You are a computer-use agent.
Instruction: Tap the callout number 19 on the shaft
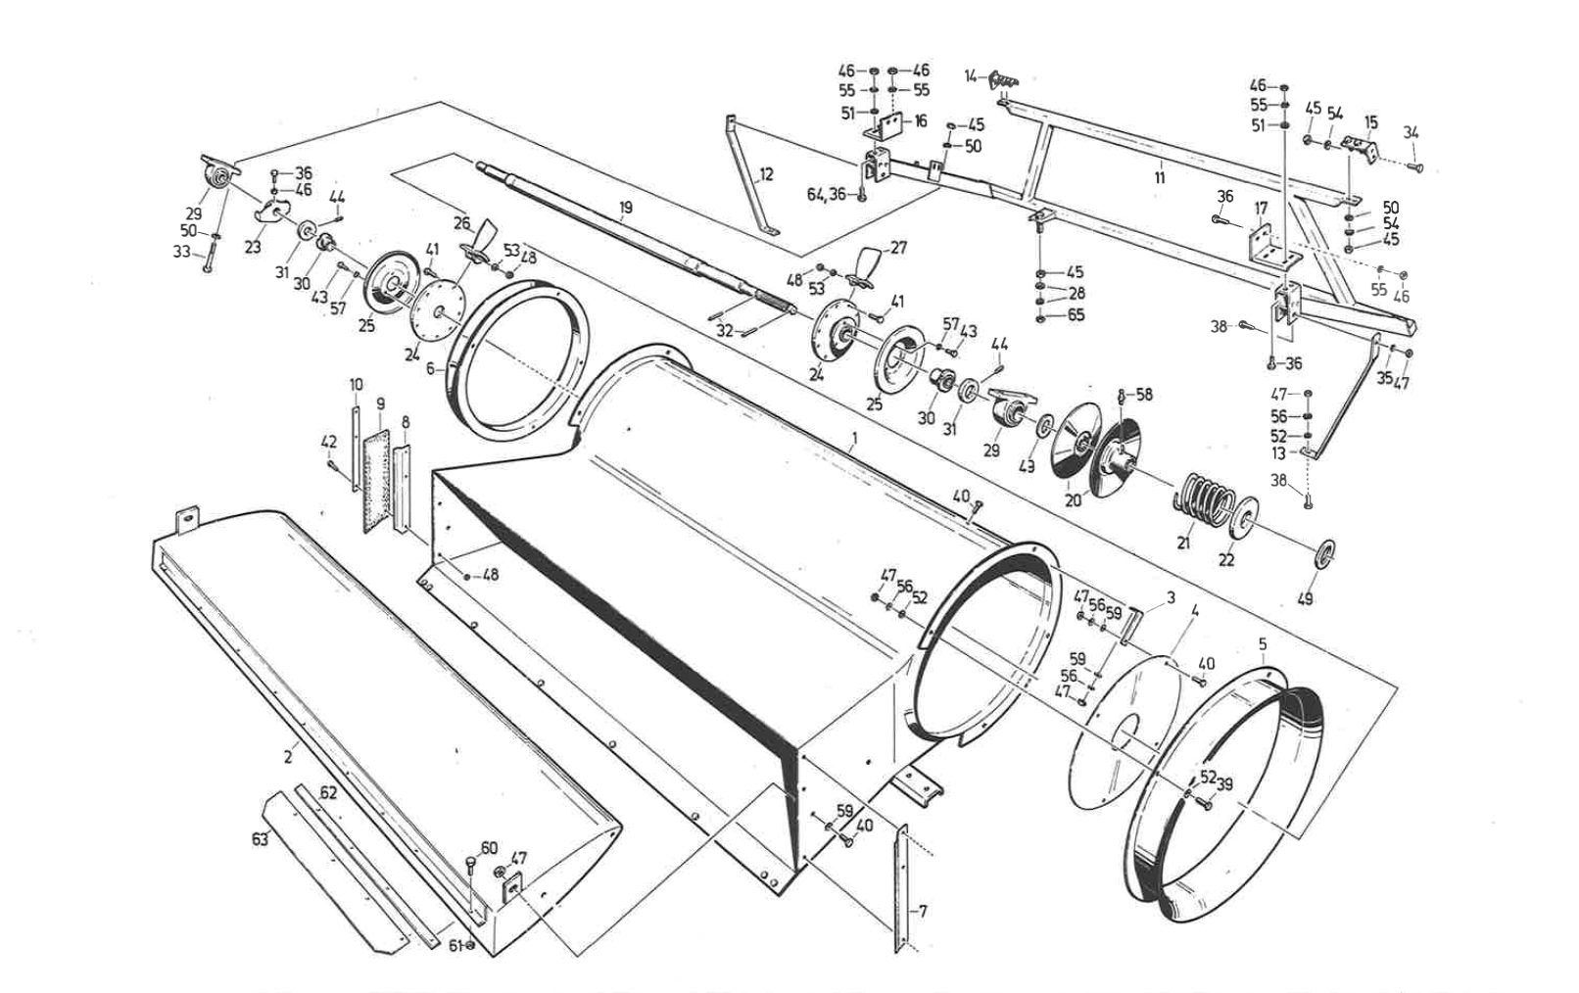(625, 208)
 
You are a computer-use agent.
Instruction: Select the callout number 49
(1305, 598)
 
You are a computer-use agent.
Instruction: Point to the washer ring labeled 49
(1324, 553)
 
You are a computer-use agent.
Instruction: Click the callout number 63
(261, 839)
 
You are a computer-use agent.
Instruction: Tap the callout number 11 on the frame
(1160, 177)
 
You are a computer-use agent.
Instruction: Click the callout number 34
(1412, 132)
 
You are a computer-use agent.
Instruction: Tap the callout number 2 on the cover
(288, 758)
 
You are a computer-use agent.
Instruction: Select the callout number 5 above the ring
(1263, 644)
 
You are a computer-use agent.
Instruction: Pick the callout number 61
(455, 946)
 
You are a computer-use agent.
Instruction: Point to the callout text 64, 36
(826, 194)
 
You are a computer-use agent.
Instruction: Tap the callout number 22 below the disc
(1226, 560)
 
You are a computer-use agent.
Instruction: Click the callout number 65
(1076, 314)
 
